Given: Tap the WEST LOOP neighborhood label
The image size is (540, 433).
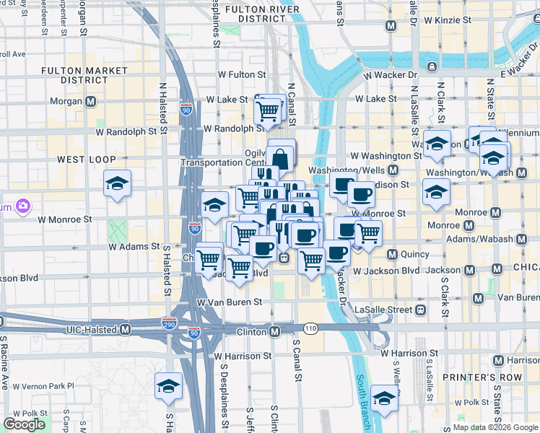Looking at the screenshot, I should click(x=82, y=159).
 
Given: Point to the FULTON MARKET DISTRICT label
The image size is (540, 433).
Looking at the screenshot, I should click(x=84, y=75).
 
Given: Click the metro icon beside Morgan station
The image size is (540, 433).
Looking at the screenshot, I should click(x=90, y=102).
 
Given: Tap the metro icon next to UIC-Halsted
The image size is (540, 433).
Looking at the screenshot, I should click(x=125, y=330).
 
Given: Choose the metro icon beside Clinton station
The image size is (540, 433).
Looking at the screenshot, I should click(x=275, y=331).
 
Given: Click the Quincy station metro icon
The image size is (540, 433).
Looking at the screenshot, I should click(x=393, y=254).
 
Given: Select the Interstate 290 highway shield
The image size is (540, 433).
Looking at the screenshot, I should click(x=170, y=325).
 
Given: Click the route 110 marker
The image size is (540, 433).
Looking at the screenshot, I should click(x=311, y=328).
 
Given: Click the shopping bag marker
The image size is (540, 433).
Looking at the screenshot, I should click(x=280, y=157).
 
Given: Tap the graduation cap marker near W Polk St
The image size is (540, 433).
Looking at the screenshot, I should click(x=384, y=397).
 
